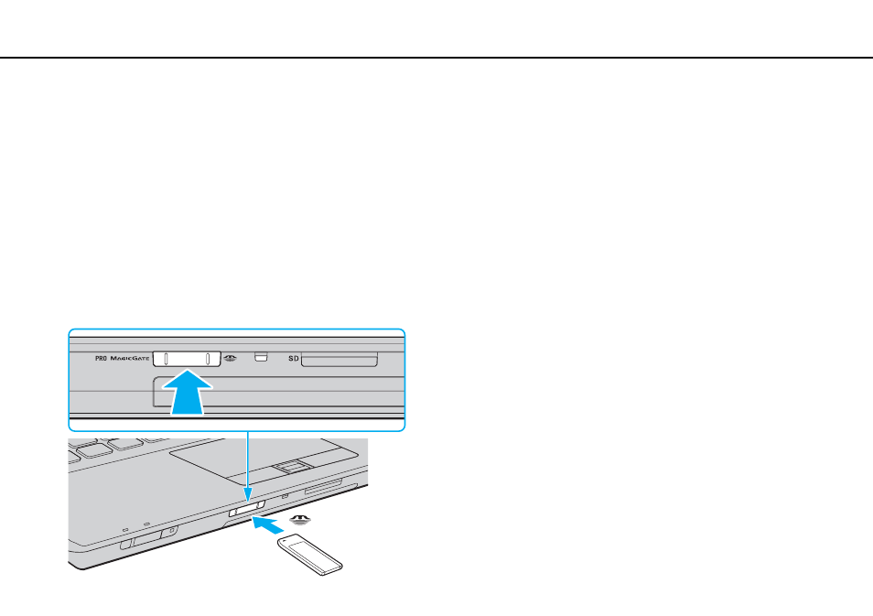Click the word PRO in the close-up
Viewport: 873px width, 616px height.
pyautogui.click(x=101, y=359)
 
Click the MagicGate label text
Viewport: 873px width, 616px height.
pyautogui.click(x=130, y=359)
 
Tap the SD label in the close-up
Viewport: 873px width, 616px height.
pyautogui.click(x=294, y=359)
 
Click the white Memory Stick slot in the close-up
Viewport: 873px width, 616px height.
pyautogui.click(x=187, y=359)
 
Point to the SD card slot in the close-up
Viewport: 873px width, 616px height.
pyautogui.click(x=339, y=360)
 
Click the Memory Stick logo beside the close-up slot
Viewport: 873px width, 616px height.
pyautogui.click(x=230, y=358)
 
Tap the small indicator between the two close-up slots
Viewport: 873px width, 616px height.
pyautogui.click(x=261, y=356)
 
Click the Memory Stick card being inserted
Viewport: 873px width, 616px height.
pyautogui.click(x=310, y=554)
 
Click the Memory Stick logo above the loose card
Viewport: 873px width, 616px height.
pyautogui.click(x=301, y=520)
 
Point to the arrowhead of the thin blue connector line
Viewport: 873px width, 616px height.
pyautogui.click(x=248, y=496)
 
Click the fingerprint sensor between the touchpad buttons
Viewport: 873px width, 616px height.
pyautogui.click(x=291, y=466)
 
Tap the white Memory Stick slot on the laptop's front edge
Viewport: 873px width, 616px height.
pyautogui.click(x=247, y=509)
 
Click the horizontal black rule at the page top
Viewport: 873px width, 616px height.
pyautogui.click(x=436, y=58)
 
